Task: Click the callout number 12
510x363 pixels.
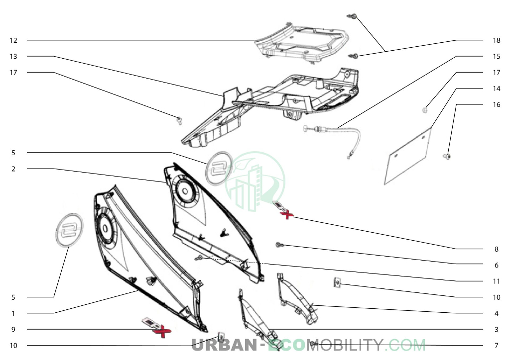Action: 13,40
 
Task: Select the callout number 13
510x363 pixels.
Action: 13,57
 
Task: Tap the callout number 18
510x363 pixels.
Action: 497,40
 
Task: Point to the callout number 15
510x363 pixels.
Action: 497,57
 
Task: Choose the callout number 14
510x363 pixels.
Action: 497,89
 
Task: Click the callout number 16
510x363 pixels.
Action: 497,104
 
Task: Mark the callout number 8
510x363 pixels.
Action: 497,249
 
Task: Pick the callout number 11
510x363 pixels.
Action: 497,281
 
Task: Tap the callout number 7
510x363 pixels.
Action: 497,346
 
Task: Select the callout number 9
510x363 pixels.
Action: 13,330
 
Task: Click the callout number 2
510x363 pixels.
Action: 13,169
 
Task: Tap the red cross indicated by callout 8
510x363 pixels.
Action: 287,214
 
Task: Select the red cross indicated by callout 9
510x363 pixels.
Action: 162,332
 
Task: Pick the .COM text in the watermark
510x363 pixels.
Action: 406,345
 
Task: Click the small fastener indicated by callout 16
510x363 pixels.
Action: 447,157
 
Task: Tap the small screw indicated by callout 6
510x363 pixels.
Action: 279,245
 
